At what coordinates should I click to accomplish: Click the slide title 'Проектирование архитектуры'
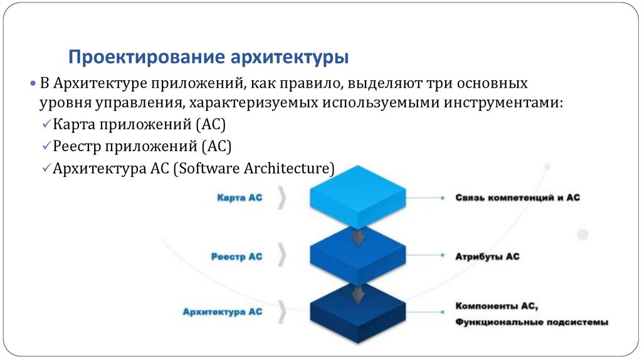208,58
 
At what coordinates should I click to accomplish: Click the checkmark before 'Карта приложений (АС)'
47,125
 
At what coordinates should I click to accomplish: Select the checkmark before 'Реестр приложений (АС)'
47,147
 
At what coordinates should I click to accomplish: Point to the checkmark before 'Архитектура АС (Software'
47,168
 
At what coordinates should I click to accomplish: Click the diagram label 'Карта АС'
239,198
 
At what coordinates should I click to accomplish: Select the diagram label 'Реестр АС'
237,257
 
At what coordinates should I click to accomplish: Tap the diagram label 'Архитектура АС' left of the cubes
223,311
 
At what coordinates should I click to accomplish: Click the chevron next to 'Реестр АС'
283,257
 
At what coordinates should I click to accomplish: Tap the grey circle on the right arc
582,235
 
